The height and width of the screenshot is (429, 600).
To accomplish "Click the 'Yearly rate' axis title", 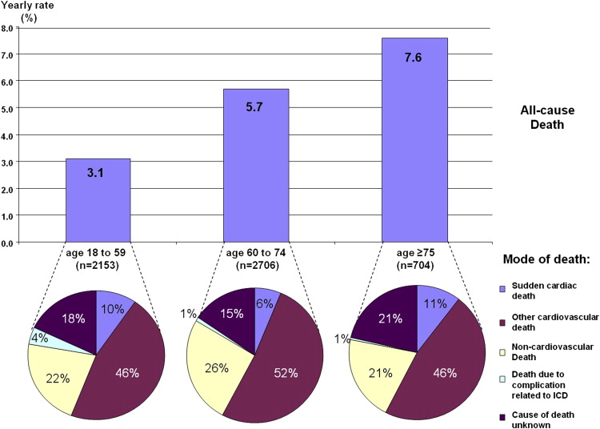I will click(26, 6).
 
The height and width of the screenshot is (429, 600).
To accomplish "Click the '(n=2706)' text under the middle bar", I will click(255, 266).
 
